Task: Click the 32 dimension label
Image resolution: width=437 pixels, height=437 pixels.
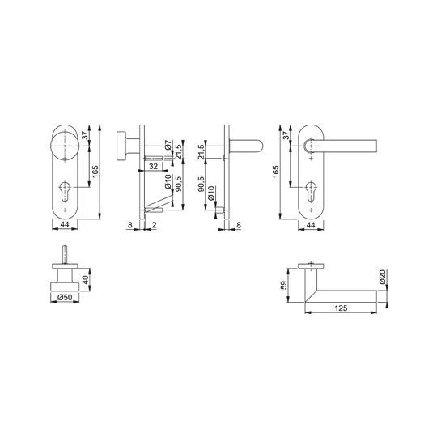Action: click(153, 167)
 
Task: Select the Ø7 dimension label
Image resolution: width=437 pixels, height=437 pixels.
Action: click(168, 145)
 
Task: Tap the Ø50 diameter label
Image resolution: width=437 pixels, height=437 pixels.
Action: click(65, 298)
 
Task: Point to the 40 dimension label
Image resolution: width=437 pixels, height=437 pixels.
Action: click(87, 279)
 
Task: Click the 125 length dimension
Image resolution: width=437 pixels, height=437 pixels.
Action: click(341, 308)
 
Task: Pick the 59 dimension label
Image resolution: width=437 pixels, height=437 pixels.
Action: click(283, 285)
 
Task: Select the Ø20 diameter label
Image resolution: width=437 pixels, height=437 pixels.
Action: click(382, 277)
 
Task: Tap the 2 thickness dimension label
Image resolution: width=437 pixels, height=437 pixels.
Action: click(155, 225)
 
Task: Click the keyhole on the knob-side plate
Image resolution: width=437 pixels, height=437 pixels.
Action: click(65, 191)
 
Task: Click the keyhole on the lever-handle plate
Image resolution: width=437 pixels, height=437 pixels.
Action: click(311, 192)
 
